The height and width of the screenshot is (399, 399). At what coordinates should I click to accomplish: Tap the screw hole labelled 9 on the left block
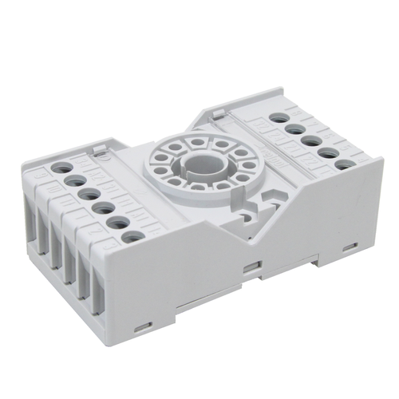62,168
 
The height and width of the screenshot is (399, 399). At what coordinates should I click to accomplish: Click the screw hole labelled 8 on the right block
279,117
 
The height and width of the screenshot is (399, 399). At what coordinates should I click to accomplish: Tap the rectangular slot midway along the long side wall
253,264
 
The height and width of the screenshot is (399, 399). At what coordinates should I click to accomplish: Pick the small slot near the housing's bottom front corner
144,327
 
